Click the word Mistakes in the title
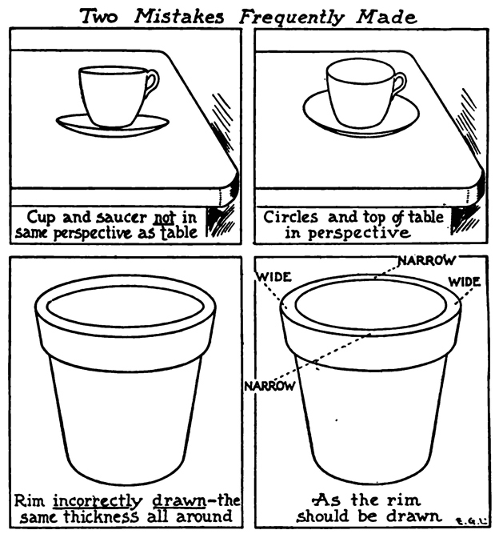coord(179,16)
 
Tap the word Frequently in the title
coord(292,18)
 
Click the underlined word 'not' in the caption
coord(164,218)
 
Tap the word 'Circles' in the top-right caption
coord(290,218)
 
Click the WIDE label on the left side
coord(273,277)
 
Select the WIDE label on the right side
coord(465,282)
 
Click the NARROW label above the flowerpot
coord(427,261)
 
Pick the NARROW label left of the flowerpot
coord(270,386)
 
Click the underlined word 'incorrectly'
coord(98,501)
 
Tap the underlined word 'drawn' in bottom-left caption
coord(179,500)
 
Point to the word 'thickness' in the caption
coord(101,517)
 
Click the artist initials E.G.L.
coord(472,521)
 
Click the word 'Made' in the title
coord(386,17)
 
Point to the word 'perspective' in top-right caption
coord(359,233)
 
